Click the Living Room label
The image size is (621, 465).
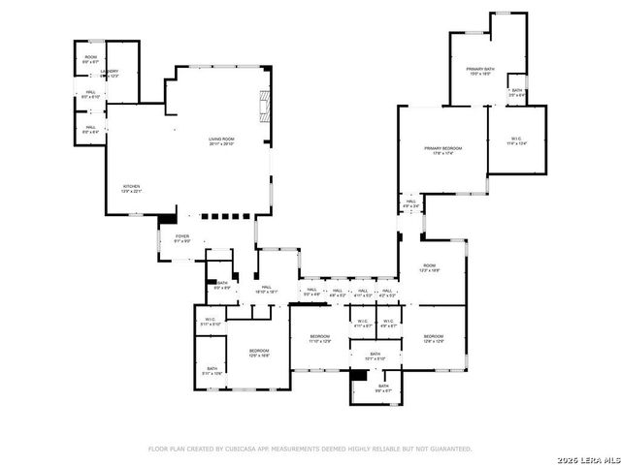point(221,139)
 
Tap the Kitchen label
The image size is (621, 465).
point(131,186)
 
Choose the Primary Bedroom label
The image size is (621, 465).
point(442,148)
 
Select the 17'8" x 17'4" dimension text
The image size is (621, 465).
point(442,154)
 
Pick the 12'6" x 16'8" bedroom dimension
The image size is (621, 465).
point(258,356)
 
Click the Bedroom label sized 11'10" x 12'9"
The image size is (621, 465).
point(320,336)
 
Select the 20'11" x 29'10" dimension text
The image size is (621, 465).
point(221,145)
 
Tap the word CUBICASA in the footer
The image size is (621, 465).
point(239,449)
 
